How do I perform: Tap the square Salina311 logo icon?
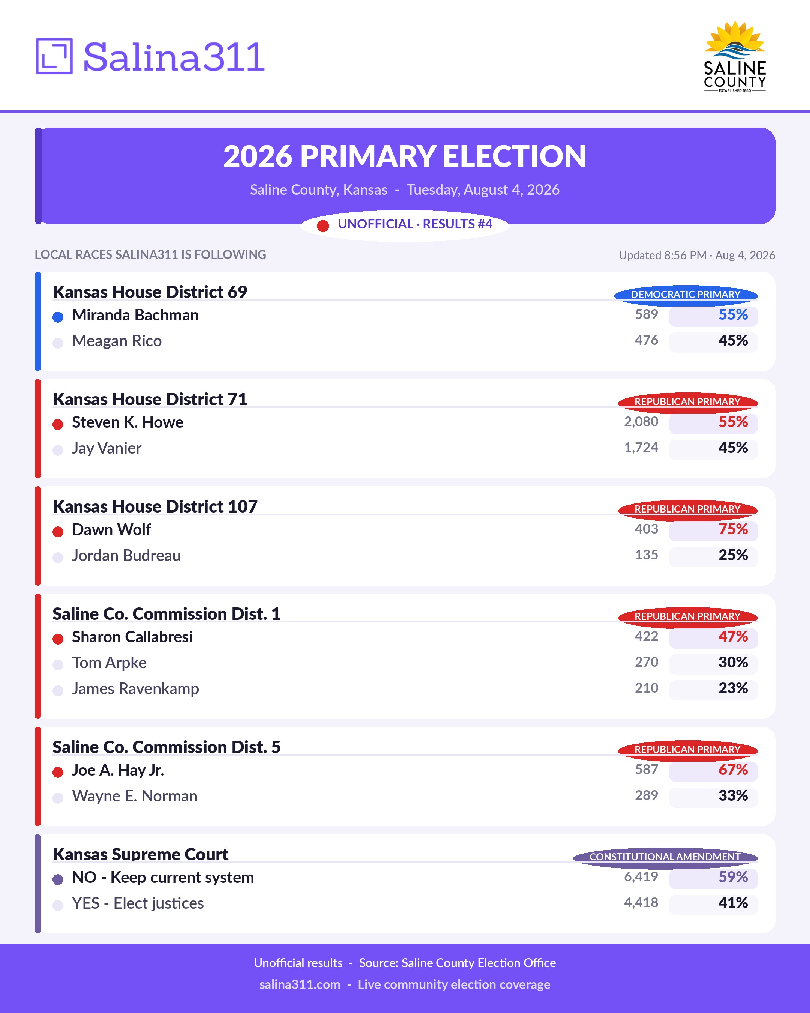(54, 56)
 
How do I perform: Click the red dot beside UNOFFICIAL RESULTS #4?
(323, 226)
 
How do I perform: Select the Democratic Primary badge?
(685, 295)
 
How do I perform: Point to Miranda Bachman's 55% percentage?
(733, 314)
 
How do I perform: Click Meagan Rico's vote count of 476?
(646, 340)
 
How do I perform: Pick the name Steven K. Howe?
(128, 422)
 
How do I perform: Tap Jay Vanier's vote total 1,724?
(641, 447)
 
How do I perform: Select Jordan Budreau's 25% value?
(733, 555)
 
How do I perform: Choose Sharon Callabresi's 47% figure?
(733, 636)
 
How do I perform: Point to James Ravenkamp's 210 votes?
(646, 688)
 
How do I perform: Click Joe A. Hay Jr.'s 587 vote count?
(646, 769)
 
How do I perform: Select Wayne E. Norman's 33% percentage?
(733, 795)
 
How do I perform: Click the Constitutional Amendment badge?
(665, 857)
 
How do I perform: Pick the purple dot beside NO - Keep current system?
(58, 879)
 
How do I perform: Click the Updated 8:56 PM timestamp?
(697, 255)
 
